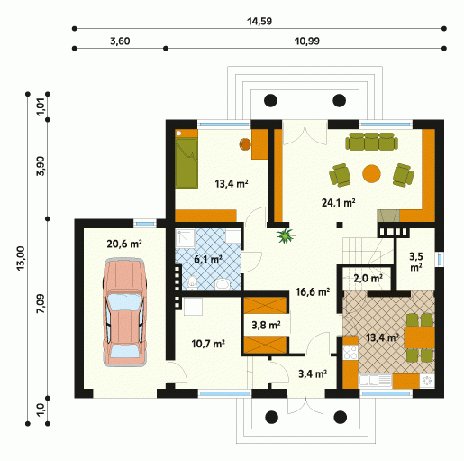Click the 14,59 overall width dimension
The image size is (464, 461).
(259, 22)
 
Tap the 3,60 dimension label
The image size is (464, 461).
(120, 41)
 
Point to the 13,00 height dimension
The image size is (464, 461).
(20, 258)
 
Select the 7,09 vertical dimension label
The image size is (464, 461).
(41, 303)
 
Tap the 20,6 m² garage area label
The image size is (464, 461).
(124, 244)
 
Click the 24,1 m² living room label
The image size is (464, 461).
(339, 203)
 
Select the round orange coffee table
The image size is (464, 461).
(371, 173)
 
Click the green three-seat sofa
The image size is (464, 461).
(371, 141)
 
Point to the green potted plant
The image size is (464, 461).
(286, 235)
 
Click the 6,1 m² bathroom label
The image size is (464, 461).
(208, 259)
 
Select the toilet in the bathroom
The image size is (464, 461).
(192, 283)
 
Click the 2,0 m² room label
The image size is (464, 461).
(368, 278)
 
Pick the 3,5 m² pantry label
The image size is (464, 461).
(416, 262)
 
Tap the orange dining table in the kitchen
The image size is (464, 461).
(420, 337)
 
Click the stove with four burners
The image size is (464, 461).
(350, 352)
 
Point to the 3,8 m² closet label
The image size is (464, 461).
(266, 325)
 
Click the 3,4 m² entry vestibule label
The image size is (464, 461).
(313, 373)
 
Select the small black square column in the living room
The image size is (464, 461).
(340, 225)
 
